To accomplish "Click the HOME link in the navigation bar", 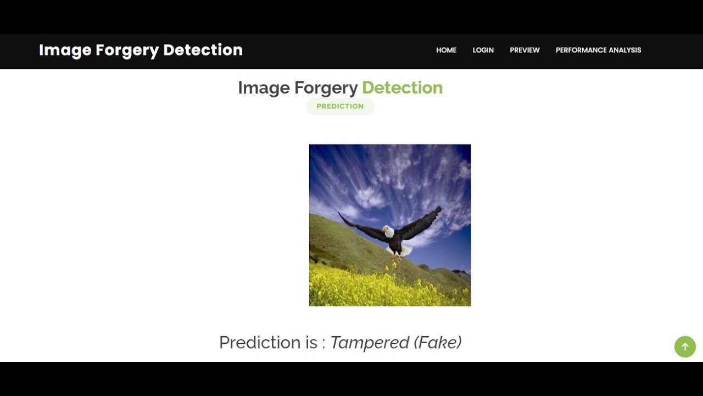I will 446,50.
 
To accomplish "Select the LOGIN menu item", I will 483,50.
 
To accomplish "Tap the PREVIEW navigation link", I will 525,50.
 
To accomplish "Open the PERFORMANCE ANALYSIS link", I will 598,50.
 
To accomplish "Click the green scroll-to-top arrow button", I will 685,347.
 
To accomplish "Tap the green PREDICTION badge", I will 340,106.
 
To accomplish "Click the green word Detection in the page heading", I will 402,88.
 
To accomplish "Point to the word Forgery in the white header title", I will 127,50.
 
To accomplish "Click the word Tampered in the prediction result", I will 370,343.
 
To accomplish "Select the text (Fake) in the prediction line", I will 438,343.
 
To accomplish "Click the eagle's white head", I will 389,232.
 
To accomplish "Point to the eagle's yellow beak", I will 384,229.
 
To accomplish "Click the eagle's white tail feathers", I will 405,250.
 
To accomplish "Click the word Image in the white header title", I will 65,50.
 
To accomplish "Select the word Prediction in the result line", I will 260,343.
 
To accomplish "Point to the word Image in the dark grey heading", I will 264,88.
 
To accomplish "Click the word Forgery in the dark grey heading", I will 326,88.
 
